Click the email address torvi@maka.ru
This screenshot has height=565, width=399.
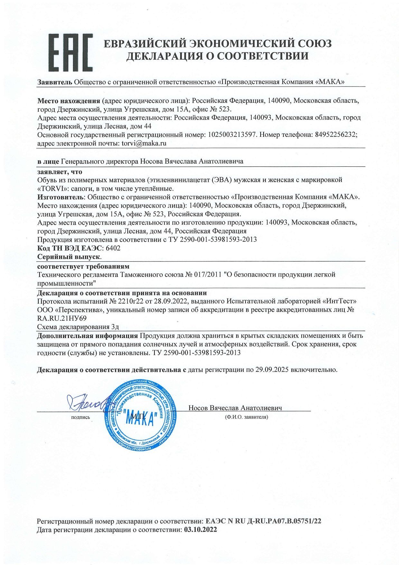pos(144,143)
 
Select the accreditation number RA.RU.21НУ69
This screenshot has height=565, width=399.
pos(62,318)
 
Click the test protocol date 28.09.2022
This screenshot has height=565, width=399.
pos(175,301)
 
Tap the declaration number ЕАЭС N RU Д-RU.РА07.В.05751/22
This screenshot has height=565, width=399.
pos(263,521)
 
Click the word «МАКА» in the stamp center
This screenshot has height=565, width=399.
pos(142,419)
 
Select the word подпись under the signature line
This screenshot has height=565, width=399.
pos(80,417)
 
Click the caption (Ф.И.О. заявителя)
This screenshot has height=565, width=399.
pos(246,417)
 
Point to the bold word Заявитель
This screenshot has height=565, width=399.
pos(55,82)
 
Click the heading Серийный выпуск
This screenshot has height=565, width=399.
pos(69,257)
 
